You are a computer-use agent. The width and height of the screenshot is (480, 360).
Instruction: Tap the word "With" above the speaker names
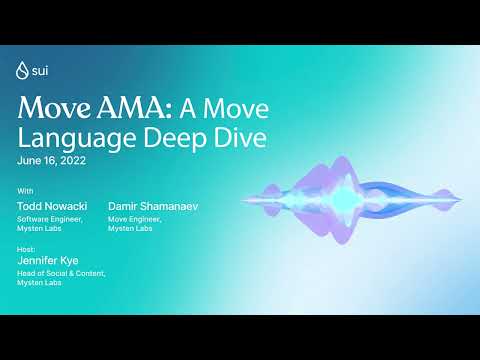click(x=25, y=190)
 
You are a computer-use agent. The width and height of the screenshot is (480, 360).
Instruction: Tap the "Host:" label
click(x=27, y=247)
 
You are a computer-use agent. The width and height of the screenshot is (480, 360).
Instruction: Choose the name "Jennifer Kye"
click(x=47, y=260)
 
